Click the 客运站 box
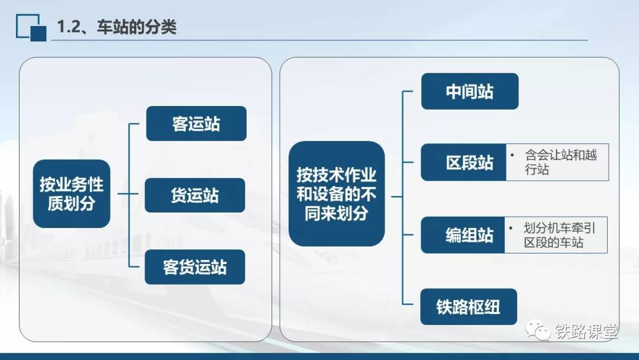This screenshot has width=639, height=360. coord(196,124)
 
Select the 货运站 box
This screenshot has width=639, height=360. coord(195,195)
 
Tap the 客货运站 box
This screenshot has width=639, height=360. coord(195,267)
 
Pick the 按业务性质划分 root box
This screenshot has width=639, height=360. coord(72,194)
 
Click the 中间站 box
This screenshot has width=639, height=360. coord(469,91)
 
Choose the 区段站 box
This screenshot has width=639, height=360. coord(464,162)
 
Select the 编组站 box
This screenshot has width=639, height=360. coord(463,235)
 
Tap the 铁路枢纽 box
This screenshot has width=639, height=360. coord(468,307)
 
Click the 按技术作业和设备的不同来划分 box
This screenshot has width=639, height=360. coord(337,194)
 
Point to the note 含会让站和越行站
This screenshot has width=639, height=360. coord(561,162)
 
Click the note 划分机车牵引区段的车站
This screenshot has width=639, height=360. coord(559,235)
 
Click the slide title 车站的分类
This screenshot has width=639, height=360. coord(137,27)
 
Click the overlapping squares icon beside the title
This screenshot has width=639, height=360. coord(31,28)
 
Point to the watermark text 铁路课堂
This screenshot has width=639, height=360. coord(586,332)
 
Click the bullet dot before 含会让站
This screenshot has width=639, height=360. coord(512,155)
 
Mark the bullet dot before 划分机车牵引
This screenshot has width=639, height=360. coord(511,228)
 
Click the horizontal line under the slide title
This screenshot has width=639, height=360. coord(319,40)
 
